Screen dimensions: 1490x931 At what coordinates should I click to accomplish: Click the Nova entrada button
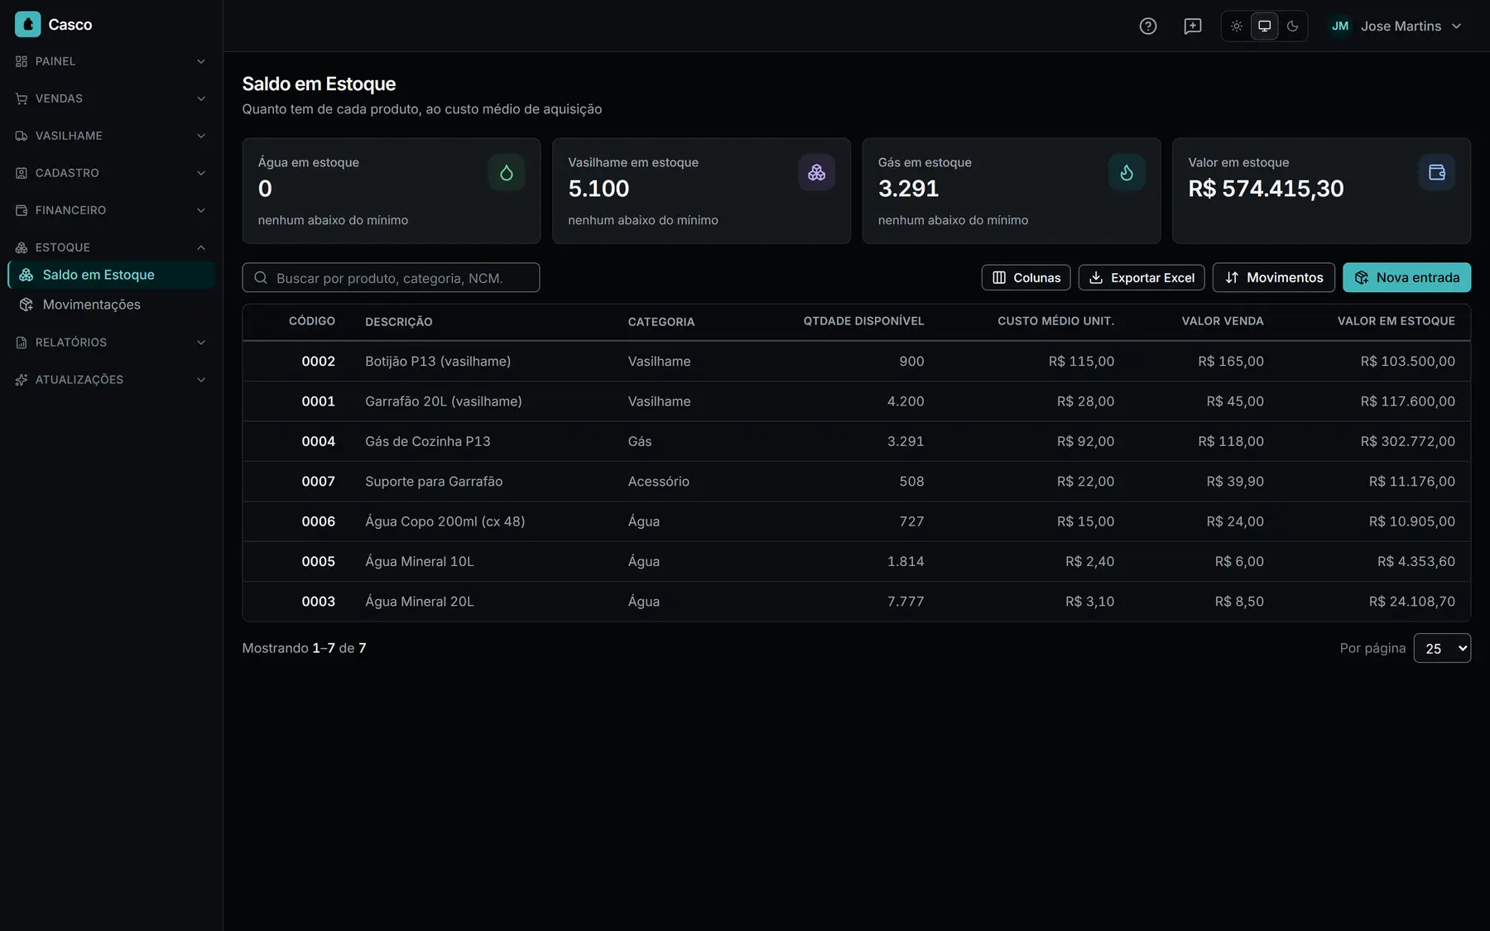tap(1406, 277)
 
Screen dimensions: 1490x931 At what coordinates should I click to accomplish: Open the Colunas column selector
tap(1026, 277)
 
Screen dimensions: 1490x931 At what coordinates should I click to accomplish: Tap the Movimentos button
tap(1273, 277)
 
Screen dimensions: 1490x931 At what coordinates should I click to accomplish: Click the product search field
tap(391, 277)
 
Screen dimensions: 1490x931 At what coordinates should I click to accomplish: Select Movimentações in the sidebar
tap(91, 305)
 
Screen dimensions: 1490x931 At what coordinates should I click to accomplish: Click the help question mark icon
tap(1148, 26)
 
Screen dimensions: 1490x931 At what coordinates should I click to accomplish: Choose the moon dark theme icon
tap(1292, 26)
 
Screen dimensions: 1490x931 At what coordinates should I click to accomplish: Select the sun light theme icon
tap(1236, 26)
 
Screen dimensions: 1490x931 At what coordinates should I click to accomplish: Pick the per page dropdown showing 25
tap(1442, 648)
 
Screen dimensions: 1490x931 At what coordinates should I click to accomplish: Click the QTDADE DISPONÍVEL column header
tap(863, 321)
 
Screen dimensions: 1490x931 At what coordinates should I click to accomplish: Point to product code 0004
tap(318, 441)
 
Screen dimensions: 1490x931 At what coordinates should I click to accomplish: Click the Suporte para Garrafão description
tap(434, 482)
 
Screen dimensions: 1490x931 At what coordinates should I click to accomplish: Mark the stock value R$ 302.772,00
tap(1407, 441)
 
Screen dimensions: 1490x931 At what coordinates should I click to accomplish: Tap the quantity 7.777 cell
tap(906, 602)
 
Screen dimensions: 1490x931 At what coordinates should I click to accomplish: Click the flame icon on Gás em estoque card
tap(1127, 172)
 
